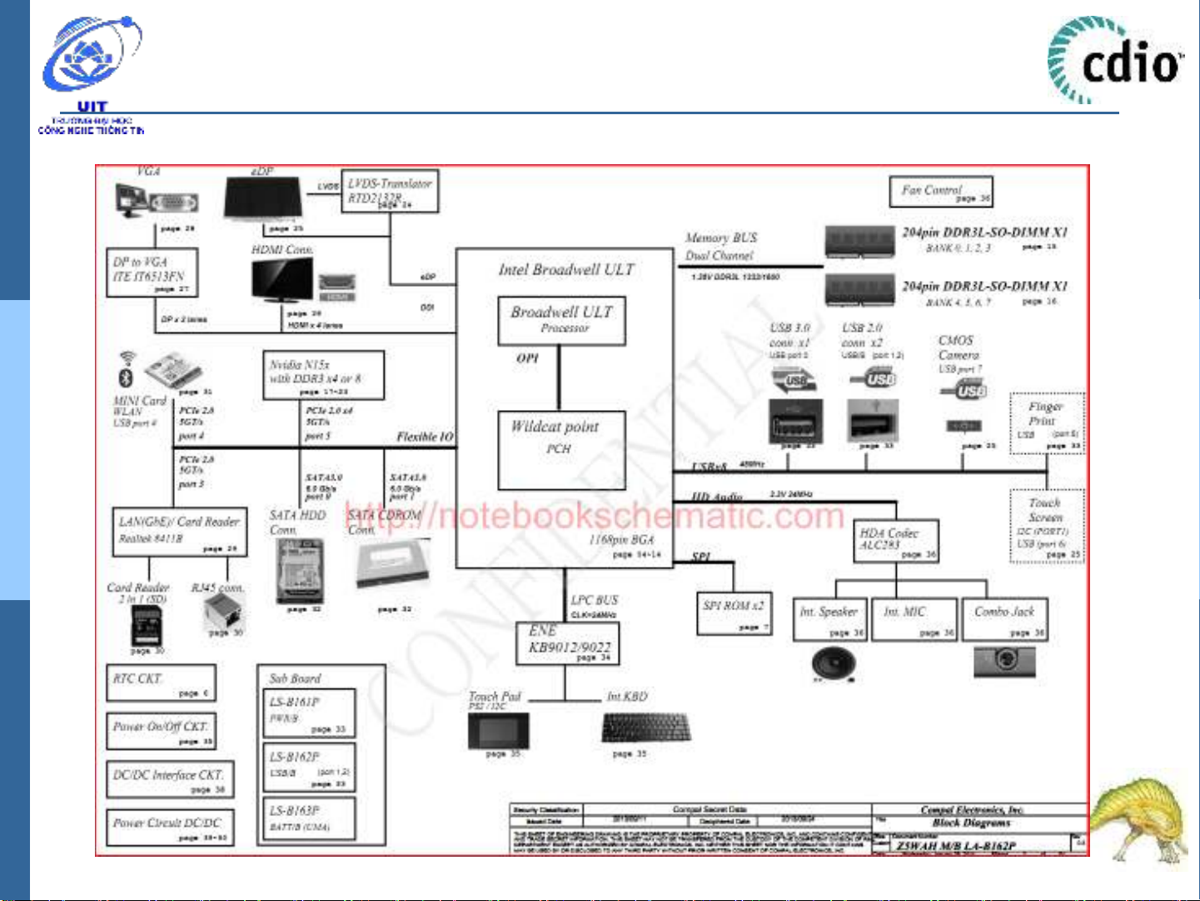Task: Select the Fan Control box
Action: coord(941,192)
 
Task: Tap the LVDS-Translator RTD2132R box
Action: coord(389,191)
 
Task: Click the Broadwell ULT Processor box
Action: coord(561,320)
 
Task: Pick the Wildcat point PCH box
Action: coord(561,450)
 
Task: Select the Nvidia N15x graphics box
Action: coord(322,374)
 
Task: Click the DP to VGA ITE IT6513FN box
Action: coord(152,272)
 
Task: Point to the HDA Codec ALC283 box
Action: coord(897,541)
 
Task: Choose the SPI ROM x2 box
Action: coord(733,613)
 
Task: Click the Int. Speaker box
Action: coord(829,620)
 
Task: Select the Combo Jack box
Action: coord(1004,620)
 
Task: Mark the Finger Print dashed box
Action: coord(1047,423)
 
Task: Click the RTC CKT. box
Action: coord(161,683)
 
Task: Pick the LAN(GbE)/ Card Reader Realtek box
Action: coord(179,532)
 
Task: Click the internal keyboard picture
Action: coord(645,728)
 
